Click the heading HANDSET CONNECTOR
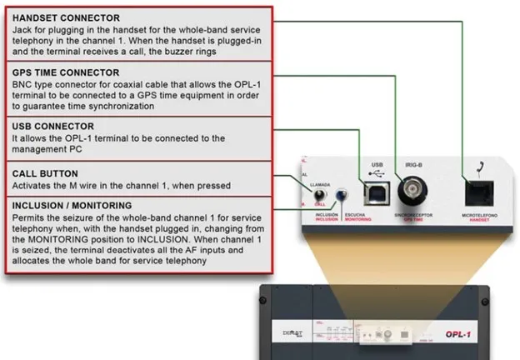[x=66, y=17]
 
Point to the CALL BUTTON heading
[x=45, y=173]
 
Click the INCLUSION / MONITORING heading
[x=72, y=204]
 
